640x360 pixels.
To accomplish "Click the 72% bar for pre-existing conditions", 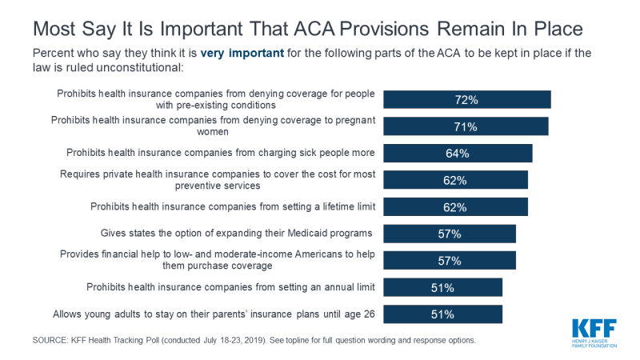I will click(x=466, y=99).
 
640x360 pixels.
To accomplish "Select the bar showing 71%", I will click(x=466, y=126).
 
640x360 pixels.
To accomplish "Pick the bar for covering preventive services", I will click(x=455, y=180).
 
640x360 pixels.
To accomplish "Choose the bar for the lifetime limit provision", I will click(x=455, y=206).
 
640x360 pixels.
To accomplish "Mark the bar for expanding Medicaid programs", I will click(x=450, y=234).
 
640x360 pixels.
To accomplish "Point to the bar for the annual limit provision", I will click(x=442, y=287).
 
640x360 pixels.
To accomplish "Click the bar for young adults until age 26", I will click(x=442, y=314).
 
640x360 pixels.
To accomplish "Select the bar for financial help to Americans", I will click(x=450, y=260).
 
